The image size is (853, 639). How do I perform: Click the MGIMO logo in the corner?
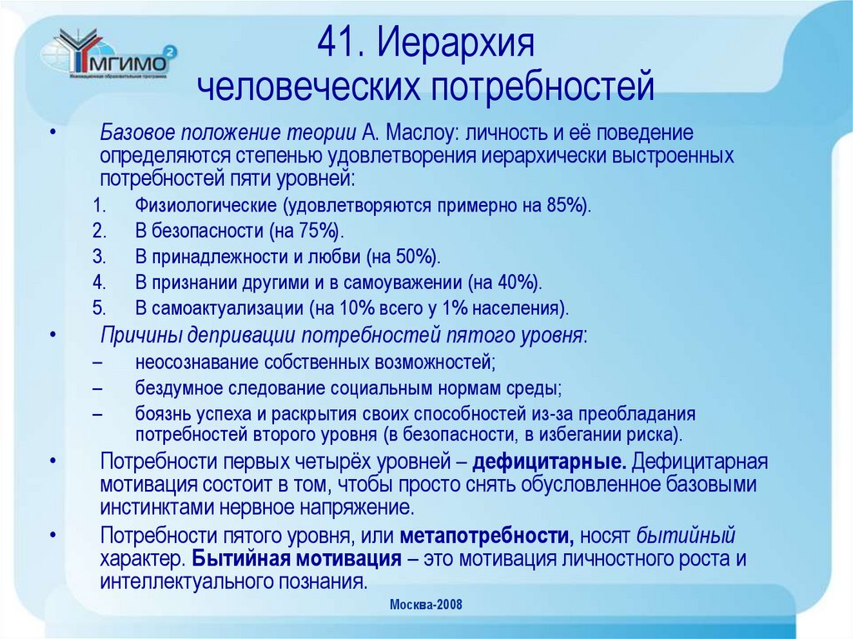[x=108, y=56]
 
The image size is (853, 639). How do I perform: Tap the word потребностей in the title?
[x=541, y=85]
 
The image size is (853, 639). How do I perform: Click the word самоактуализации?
[x=227, y=307]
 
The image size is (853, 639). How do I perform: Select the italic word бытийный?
[x=686, y=536]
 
